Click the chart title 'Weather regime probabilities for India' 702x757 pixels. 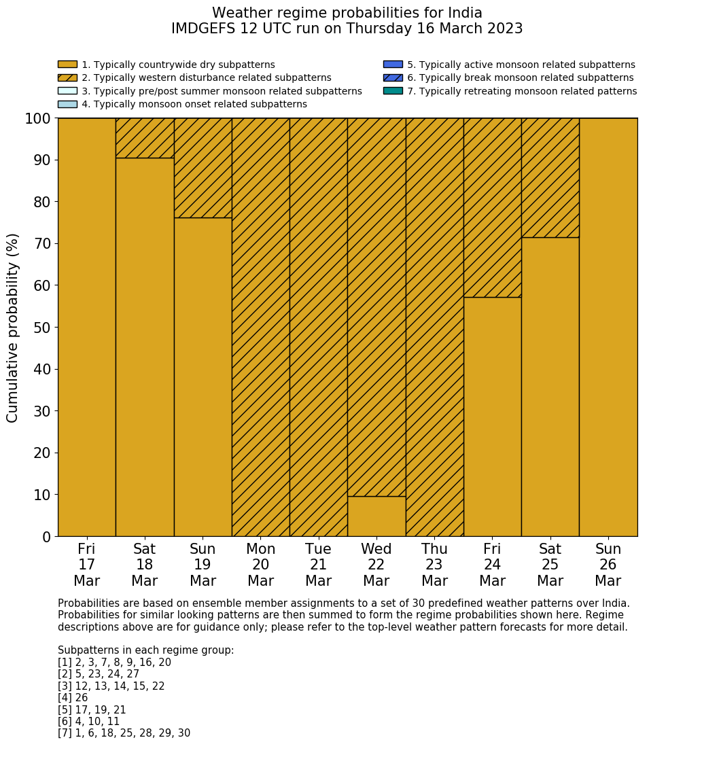347,14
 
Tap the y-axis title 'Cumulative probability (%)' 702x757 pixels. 13,328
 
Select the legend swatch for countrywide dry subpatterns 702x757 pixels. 67,65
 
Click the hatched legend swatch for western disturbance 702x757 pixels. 67,77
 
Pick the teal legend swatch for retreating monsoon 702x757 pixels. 393,91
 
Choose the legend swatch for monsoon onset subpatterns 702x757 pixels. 67,104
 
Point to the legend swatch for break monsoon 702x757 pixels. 393,77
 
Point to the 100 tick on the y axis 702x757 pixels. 38,119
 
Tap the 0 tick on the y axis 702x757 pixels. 46,538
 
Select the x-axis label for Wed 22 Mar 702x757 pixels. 376,565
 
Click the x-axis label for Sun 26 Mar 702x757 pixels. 608,565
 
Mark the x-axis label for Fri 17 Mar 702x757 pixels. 86,565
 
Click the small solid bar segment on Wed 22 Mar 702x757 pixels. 376,516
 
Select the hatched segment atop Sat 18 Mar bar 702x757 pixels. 145,138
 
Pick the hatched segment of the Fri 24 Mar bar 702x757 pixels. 492,207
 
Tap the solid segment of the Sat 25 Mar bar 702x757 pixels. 550,387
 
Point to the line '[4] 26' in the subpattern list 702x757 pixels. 73,698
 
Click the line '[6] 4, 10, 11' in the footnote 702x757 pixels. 88,722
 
